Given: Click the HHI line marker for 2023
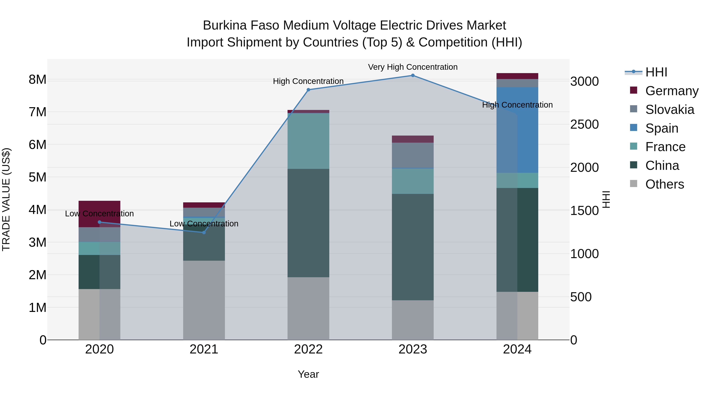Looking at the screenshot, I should (x=413, y=75).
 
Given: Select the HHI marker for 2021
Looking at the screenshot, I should (x=204, y=233).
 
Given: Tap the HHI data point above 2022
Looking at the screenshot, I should (x=308, y=90).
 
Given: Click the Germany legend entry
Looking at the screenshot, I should (x=672, y=91).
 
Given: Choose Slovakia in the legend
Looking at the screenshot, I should (x=669, y=110).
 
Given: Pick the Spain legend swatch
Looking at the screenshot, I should (x=634, y=128).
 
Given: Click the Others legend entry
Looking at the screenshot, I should (x=664, y=184).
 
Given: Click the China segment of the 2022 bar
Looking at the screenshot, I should (x=308, y=223).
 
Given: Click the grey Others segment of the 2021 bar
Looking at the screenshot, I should (x=204, y=300).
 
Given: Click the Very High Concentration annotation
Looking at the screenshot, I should (x=413, y=67).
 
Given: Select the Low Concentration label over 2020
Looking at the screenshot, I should (x=99, y=214).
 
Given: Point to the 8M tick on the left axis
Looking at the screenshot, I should (x=37, y=80).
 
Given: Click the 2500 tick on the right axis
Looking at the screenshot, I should (x=584, y=125).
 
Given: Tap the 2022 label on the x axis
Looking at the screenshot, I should (x=308, y=349).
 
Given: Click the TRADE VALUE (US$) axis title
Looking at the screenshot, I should (x=6, y=199).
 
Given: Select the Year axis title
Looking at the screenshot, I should (x=308, y=374).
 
